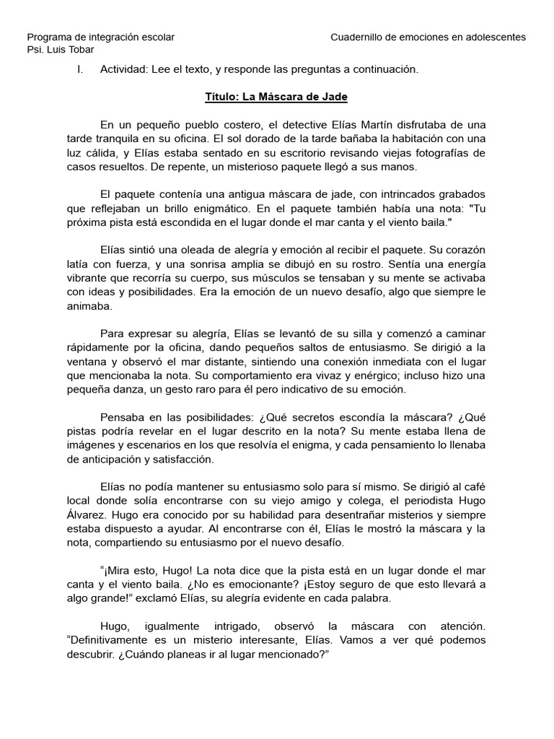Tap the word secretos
(314, 417)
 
